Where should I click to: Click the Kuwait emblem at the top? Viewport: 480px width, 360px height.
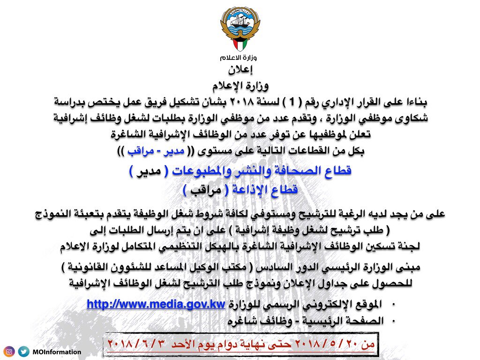239,30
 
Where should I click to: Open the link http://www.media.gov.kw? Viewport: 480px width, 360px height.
157,305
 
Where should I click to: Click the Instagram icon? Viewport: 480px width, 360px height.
9,352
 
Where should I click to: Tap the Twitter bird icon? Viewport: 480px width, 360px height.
23,352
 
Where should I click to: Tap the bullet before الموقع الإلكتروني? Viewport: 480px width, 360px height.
393,305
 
